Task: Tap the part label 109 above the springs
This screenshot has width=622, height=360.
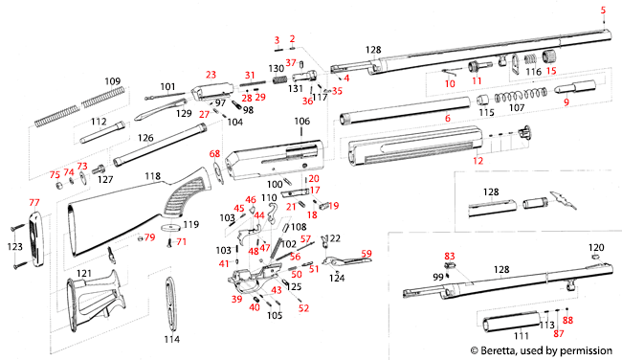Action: pyautogui.click(x=112, y=80)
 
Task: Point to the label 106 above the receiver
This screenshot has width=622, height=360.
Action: pyautogui.click(x=302, y=122)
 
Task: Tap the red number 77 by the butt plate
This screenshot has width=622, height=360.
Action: pyautogui.click(x=34, y=203)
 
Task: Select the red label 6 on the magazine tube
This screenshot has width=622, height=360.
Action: pyautogui.click(x=447, y=118)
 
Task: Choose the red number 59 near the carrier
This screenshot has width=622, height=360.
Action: pyautogui.click(x=366, y=254)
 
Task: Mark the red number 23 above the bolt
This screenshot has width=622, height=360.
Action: pyautogui.click(x=211, y=74)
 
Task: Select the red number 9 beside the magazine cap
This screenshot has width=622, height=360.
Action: pyautogui.click(x=566, y=101)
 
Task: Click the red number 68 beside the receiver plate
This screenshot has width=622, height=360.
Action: pyautogui.click(x=214, y=153)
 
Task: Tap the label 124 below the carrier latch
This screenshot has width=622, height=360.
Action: pyautogui.click(x=337, y=279)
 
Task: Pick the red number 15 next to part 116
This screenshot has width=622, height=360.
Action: pyautogui.click(x=551, y=72)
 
